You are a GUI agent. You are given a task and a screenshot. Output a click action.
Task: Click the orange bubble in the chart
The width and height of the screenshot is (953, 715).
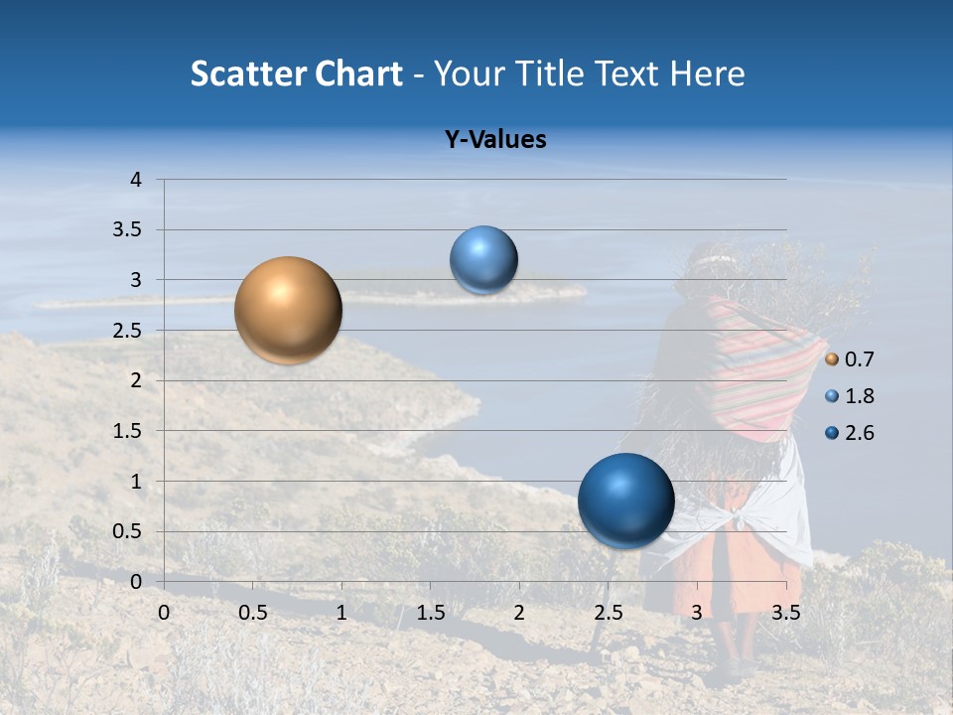click(x=288, y=310)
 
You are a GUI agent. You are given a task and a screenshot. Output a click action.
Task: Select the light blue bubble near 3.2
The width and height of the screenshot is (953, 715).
click(x=483, y=260)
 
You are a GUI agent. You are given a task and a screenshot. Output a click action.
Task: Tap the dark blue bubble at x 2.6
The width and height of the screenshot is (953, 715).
click(x=625, y=500)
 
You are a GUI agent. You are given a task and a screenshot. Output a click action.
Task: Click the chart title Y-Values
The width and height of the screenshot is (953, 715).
click(x=495, y=140)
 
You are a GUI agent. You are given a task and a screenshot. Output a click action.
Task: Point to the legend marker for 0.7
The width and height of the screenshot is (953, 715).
click(x=832, y=359)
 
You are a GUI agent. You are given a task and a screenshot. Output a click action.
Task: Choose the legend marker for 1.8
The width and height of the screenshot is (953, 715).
click(x=832, y=396)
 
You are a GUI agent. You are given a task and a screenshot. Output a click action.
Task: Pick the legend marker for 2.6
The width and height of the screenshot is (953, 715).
click(x=832, y=433)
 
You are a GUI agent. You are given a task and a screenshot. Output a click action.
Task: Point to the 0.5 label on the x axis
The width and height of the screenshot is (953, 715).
click(x=252, y=613)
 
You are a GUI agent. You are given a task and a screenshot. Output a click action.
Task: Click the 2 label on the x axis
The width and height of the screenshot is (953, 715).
click(x=519, y=613)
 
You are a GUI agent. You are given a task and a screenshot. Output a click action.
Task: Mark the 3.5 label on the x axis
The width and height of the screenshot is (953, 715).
click(x=785, y=613)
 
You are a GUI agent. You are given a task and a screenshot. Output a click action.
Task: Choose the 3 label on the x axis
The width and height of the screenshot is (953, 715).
click(x=697, y=613)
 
